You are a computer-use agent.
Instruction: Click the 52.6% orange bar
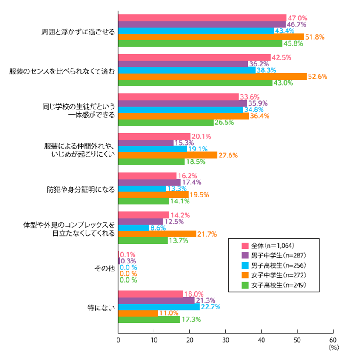click(212, 77)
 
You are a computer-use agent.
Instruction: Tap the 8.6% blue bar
click(134, 228)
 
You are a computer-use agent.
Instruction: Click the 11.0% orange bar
click(138, 313)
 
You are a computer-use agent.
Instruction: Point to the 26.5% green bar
click(166, 123)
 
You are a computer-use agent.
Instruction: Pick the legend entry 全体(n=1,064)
click(268, 246)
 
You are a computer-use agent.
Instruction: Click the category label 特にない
click(101, 307)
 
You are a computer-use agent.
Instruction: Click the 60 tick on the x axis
click(333, 340)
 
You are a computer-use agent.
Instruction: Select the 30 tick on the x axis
click(226, 340)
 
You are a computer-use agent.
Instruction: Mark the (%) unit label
click(333, 348)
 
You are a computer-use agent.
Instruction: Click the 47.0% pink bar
click(202, 18)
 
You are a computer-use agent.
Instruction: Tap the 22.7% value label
click(210, 307)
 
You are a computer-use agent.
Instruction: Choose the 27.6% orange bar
click(168, 155)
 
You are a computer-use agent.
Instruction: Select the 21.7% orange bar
click(157, 234)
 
